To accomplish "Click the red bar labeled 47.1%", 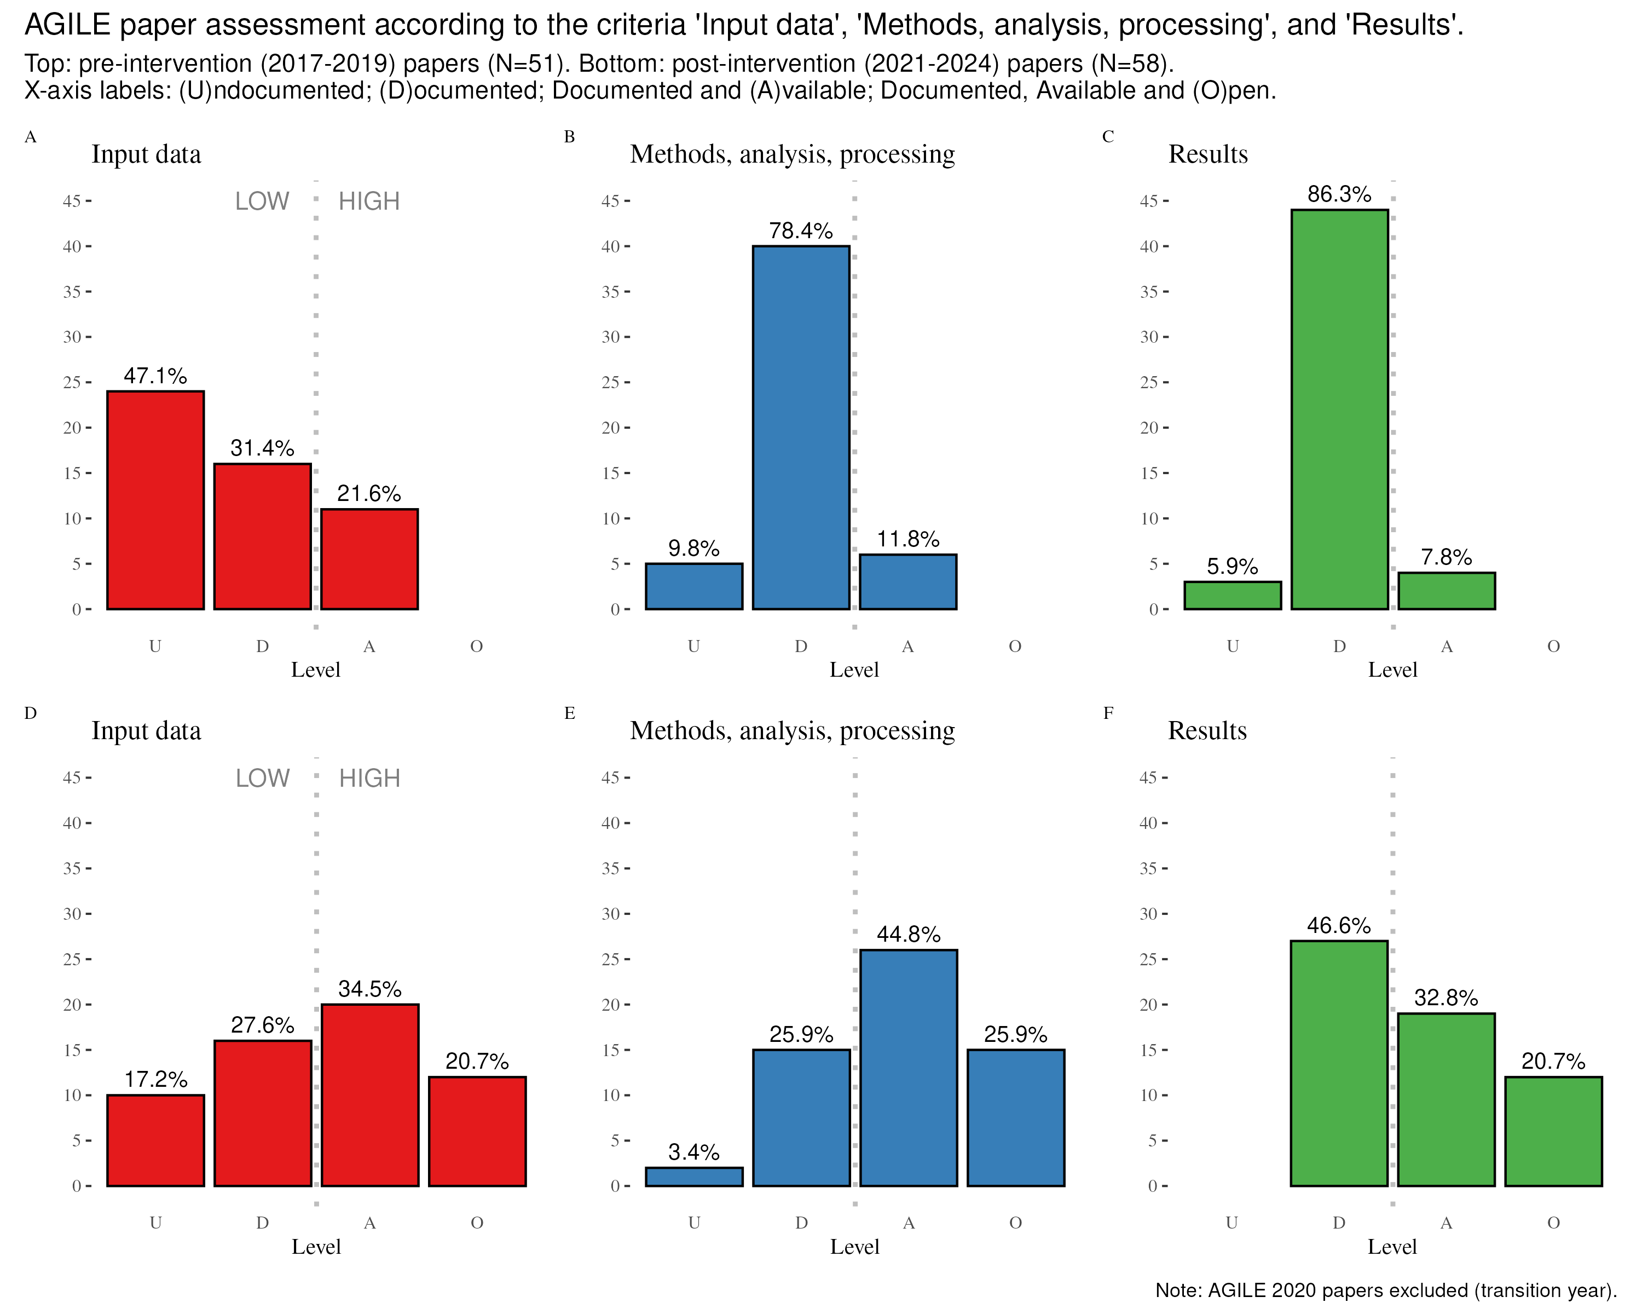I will tap(155, 500).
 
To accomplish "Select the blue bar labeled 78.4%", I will tap(800, 428).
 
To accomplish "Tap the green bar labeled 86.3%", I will tap(1339, 409).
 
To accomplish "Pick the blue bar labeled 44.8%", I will tap(909, 1067).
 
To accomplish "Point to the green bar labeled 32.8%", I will tap(1446, 1099).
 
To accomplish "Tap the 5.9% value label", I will tap(1231, 567).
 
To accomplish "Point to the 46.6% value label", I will tap(1338, 925).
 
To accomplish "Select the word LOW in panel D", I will tap(262, 778).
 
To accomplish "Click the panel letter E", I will tap(569, 713).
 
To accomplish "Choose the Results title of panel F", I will tap(1207, 730).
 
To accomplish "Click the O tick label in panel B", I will tap(1014, 647).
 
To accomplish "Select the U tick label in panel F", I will tap(1231, 1223).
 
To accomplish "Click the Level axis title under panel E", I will tap(854, 1247).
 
